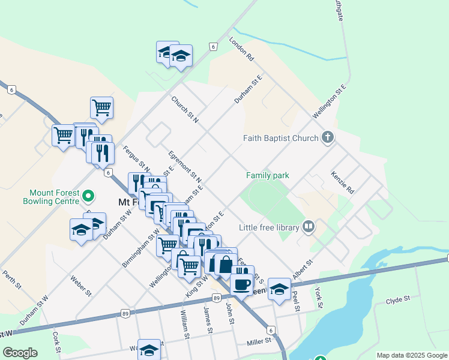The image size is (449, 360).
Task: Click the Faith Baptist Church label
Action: pos(280,138)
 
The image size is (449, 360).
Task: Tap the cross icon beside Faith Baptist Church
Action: pos(327,138)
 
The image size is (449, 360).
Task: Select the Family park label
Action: pos(268,175)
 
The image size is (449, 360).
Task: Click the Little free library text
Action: pos(269,227)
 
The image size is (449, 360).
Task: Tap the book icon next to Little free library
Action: pos(309,227)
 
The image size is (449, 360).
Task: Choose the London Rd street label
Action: pos(242,49)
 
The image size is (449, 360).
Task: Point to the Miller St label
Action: pos(259,341)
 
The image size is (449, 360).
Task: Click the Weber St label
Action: pos(80,285)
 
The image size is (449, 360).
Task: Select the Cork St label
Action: pos(56,342)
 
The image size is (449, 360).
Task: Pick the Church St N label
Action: pos(184,110)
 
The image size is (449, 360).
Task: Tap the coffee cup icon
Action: pos(242,284)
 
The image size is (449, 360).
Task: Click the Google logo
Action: pos(20,353)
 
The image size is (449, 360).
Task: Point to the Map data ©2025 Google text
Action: pos(412,355)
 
